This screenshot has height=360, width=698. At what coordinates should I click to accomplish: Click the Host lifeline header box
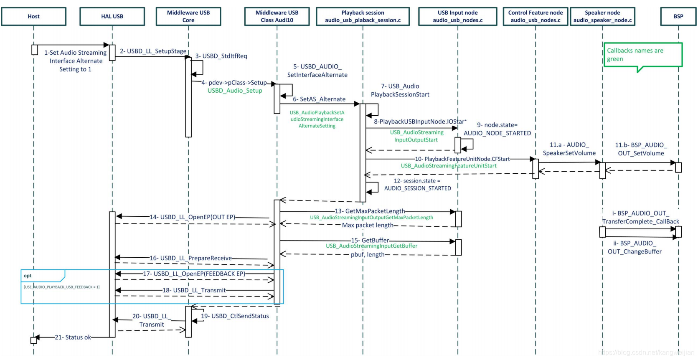(x=33, y=16)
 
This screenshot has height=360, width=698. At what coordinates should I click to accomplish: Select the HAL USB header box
(x=112, y=16)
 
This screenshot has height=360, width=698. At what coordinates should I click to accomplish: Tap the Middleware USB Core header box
(x=188, y=16)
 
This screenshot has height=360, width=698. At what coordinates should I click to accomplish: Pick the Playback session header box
(x=363, y=16)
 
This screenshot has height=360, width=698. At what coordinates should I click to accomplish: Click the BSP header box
(x=678, y=16)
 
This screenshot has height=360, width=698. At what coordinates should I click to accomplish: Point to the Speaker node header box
(x=602, y=16)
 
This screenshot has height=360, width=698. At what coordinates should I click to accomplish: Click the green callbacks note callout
(x=642, y=55)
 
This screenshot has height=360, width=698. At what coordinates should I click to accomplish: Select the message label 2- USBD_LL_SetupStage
(x=153, y=51)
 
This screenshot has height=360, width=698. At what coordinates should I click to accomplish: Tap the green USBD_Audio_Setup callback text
(x=235, y=91)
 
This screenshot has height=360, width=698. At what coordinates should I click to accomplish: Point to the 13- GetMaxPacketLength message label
(x=370, y=211)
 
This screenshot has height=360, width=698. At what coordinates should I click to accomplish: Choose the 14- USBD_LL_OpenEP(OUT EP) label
(x=192, y=217)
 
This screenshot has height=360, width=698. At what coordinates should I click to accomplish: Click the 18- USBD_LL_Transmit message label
(x=194, y=290)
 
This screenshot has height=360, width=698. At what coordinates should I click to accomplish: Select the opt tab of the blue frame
(x=28, y=276)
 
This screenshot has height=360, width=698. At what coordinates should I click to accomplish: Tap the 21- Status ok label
(x=73, y=337)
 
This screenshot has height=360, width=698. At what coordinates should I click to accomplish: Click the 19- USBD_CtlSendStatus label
(x=235, y=316)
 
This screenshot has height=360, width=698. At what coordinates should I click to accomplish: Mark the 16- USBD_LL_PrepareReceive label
(x=190, y=258)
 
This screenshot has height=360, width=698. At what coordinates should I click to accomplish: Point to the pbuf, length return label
(x=367, y=254)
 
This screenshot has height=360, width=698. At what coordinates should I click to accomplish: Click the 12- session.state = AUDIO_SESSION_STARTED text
(x=417, y=184)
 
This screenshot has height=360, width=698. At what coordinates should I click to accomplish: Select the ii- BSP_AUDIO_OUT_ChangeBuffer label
(x=634, y=247)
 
